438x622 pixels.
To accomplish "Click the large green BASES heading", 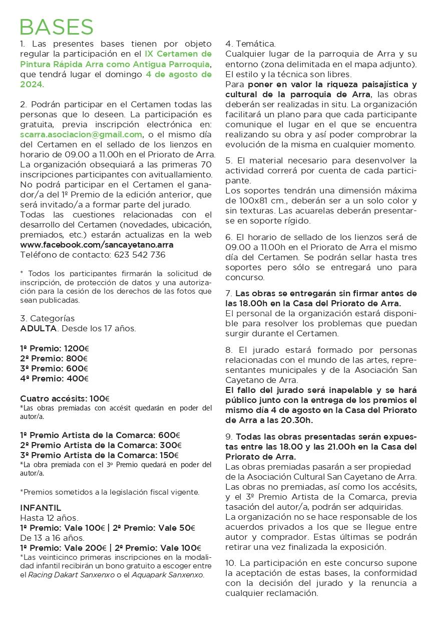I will [x=57, y=27].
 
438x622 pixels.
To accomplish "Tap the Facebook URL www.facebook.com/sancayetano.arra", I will [x=97, y=245].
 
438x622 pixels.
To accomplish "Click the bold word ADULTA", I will [x=39, y=328].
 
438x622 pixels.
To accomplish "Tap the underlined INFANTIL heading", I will [x=41, y=508].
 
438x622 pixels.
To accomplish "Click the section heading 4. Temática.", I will [x=250, y=44].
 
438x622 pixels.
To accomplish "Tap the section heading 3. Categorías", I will [x=47, y=318].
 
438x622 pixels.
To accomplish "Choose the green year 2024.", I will [x=32, y=84].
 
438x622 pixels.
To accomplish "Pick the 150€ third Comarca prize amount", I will [x=169, y=455].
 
